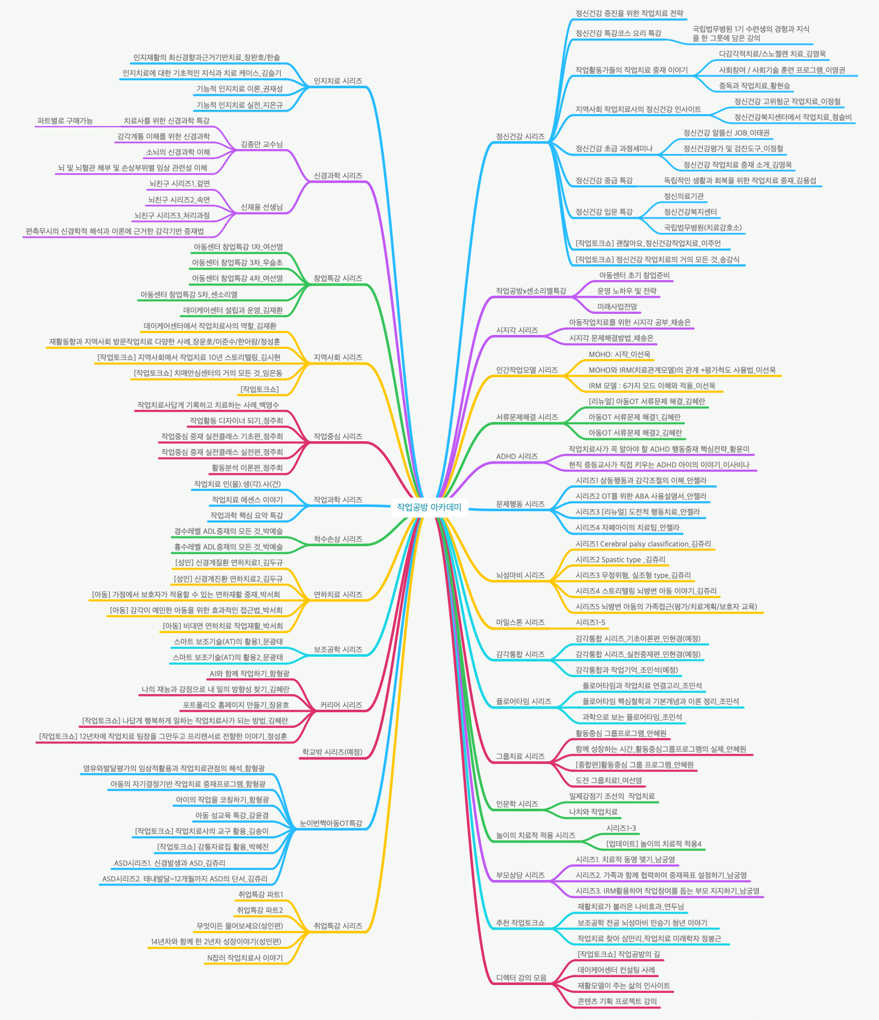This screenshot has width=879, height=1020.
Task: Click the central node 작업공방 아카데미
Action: point(429,507)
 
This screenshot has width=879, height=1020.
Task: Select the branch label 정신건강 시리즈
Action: point(520,136)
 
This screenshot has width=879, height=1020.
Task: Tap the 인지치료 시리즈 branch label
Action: point(337,81)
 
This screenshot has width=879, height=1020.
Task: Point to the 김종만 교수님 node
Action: point(261,144)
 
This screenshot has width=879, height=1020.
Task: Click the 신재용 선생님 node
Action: point(261,207)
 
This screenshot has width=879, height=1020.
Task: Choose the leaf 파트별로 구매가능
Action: point(65,121)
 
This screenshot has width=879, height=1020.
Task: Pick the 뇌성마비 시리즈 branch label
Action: point(520,575)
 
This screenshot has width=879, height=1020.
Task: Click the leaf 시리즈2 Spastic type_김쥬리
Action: point(620,559)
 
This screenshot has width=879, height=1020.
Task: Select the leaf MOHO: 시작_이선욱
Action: point(619,354)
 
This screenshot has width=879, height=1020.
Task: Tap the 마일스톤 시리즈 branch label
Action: point(520,622)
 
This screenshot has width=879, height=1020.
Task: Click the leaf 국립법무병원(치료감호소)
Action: point(703,228)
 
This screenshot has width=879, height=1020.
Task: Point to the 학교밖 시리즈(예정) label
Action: point(332,752)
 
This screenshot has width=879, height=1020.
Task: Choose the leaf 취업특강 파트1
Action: point(260,894)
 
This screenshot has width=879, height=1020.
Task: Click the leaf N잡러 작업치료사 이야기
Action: point(245,957)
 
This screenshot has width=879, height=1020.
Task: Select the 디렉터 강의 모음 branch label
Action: point(521,978)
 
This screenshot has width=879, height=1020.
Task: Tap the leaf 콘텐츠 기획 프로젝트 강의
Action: point(617,1001)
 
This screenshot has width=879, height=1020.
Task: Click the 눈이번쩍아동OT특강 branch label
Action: point(331,823)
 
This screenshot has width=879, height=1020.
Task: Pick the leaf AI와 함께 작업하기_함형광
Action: point(249,673)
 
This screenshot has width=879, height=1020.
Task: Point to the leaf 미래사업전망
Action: point(617,307)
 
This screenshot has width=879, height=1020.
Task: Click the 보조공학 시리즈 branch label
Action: point(337,649)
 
